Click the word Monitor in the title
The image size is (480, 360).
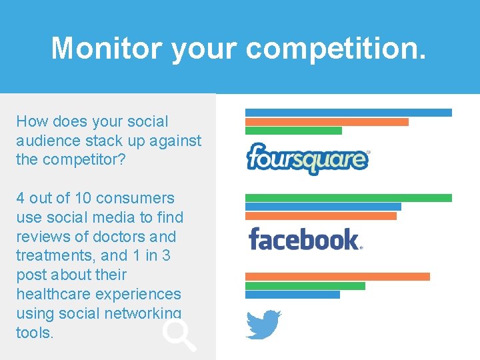point(106,48)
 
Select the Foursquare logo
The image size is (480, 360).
point(307,159)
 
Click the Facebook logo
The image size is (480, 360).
point(305,239)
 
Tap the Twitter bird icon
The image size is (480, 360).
point(263,325)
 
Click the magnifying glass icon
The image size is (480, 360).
point(179,335)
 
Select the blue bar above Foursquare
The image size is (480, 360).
point(348,113)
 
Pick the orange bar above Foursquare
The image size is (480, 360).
point(327,122)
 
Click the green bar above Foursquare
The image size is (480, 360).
point(293,131)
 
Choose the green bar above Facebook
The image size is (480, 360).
point(348,198)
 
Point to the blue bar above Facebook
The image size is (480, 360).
point(323,207)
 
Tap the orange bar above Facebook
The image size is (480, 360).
point(321,216)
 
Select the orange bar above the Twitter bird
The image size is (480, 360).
point(337,277)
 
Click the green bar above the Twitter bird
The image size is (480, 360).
point(305,286)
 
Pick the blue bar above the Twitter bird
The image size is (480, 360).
point(292,295)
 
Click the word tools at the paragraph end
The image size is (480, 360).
point(33,333)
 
